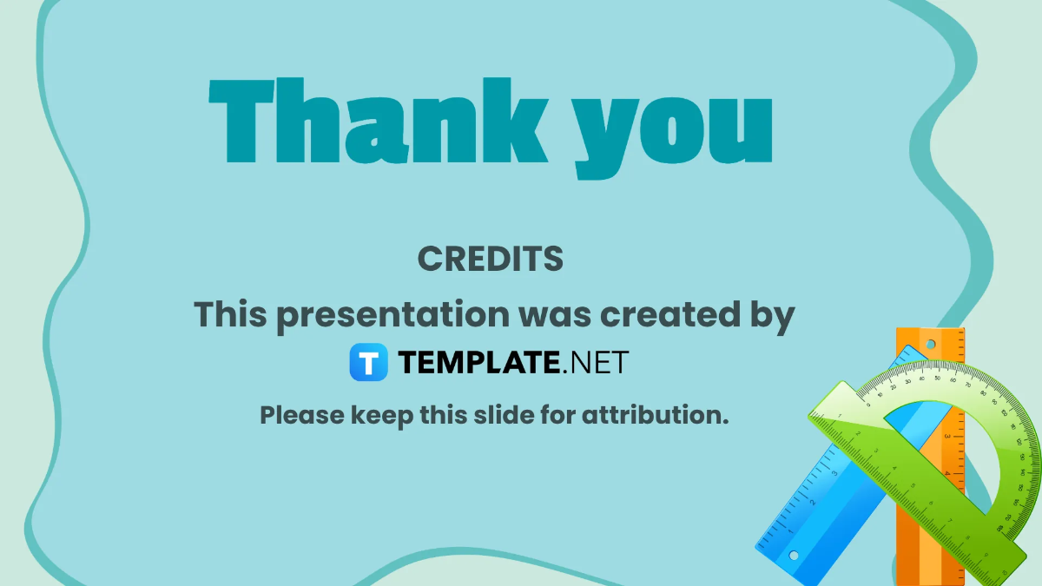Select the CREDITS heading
tap(491, 258)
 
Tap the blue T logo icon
tap(369, 362)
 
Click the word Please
tap(302, 415)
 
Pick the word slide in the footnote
tap(504, 415)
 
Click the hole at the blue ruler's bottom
tap(793, 555)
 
